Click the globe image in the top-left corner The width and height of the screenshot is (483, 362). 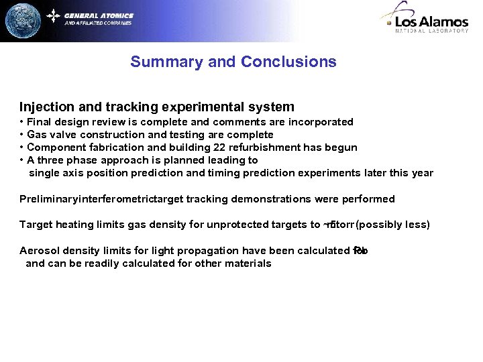22,21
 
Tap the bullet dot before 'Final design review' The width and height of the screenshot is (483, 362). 22,122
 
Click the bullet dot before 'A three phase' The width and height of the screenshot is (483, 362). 22,160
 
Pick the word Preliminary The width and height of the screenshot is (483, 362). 49,199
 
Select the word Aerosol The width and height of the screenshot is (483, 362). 40,251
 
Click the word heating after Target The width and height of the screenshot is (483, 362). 72,225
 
